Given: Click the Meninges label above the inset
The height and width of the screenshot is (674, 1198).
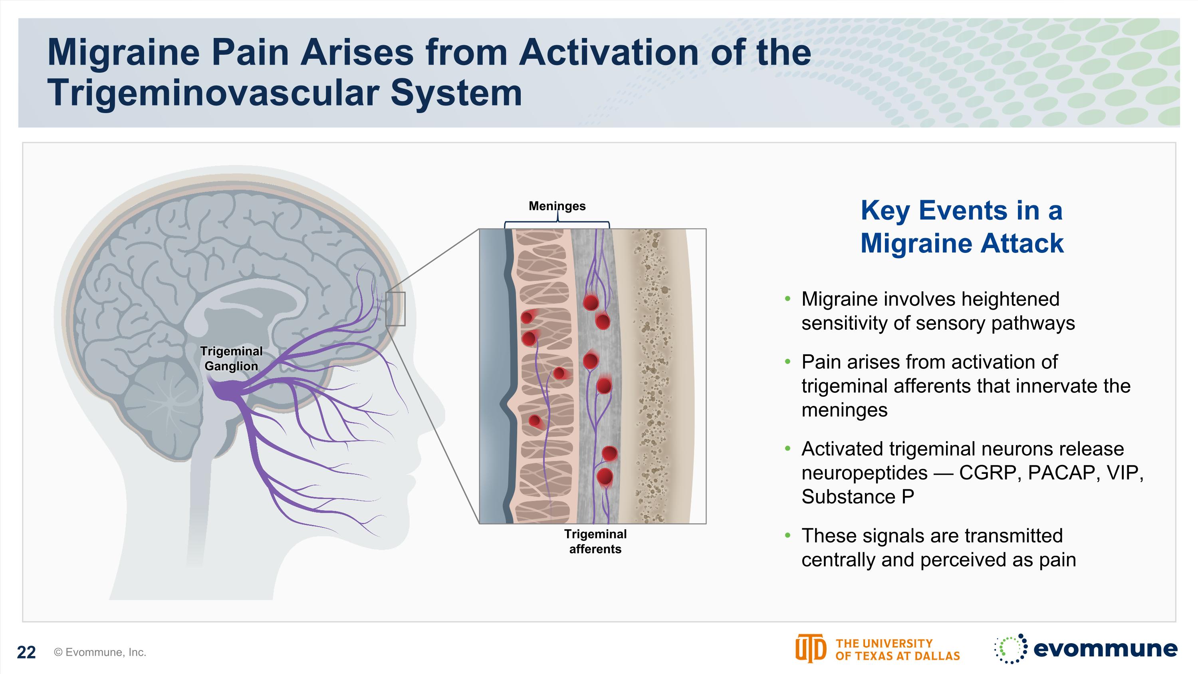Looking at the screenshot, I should tap(557, 206).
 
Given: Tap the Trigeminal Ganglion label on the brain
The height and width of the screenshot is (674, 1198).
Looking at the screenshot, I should tap(231, 359).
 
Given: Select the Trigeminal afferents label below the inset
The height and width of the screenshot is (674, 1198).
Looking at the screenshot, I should tap(595, 541).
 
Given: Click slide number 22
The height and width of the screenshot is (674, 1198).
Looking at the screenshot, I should tap(26, 652).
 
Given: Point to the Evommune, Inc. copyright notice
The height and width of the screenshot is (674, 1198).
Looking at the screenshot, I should tap(100, 652).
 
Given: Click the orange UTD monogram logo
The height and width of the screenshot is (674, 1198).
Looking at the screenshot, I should tap(810, 648).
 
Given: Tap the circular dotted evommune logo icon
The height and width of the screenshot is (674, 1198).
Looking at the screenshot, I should tap(1010, 648).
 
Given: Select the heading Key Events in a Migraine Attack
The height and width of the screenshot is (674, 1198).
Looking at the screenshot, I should tap(962, 227).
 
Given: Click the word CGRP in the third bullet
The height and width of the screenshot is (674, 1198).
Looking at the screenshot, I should tap(990, 473).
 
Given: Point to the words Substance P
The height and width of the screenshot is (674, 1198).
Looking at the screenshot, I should tap(858, 497).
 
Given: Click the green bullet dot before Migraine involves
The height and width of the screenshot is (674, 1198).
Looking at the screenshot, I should tap(787, 298).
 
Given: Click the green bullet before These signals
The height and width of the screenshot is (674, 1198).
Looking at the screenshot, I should tap(787, 535).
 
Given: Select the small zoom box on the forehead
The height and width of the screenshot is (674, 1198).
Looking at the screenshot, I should tap(395, 309).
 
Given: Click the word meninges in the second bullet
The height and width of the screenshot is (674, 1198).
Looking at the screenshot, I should tap(844, 410).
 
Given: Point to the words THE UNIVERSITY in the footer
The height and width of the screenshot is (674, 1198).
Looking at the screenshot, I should tap(884, 643).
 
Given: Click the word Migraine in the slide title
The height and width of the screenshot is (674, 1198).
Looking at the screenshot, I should tap(123, 53).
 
